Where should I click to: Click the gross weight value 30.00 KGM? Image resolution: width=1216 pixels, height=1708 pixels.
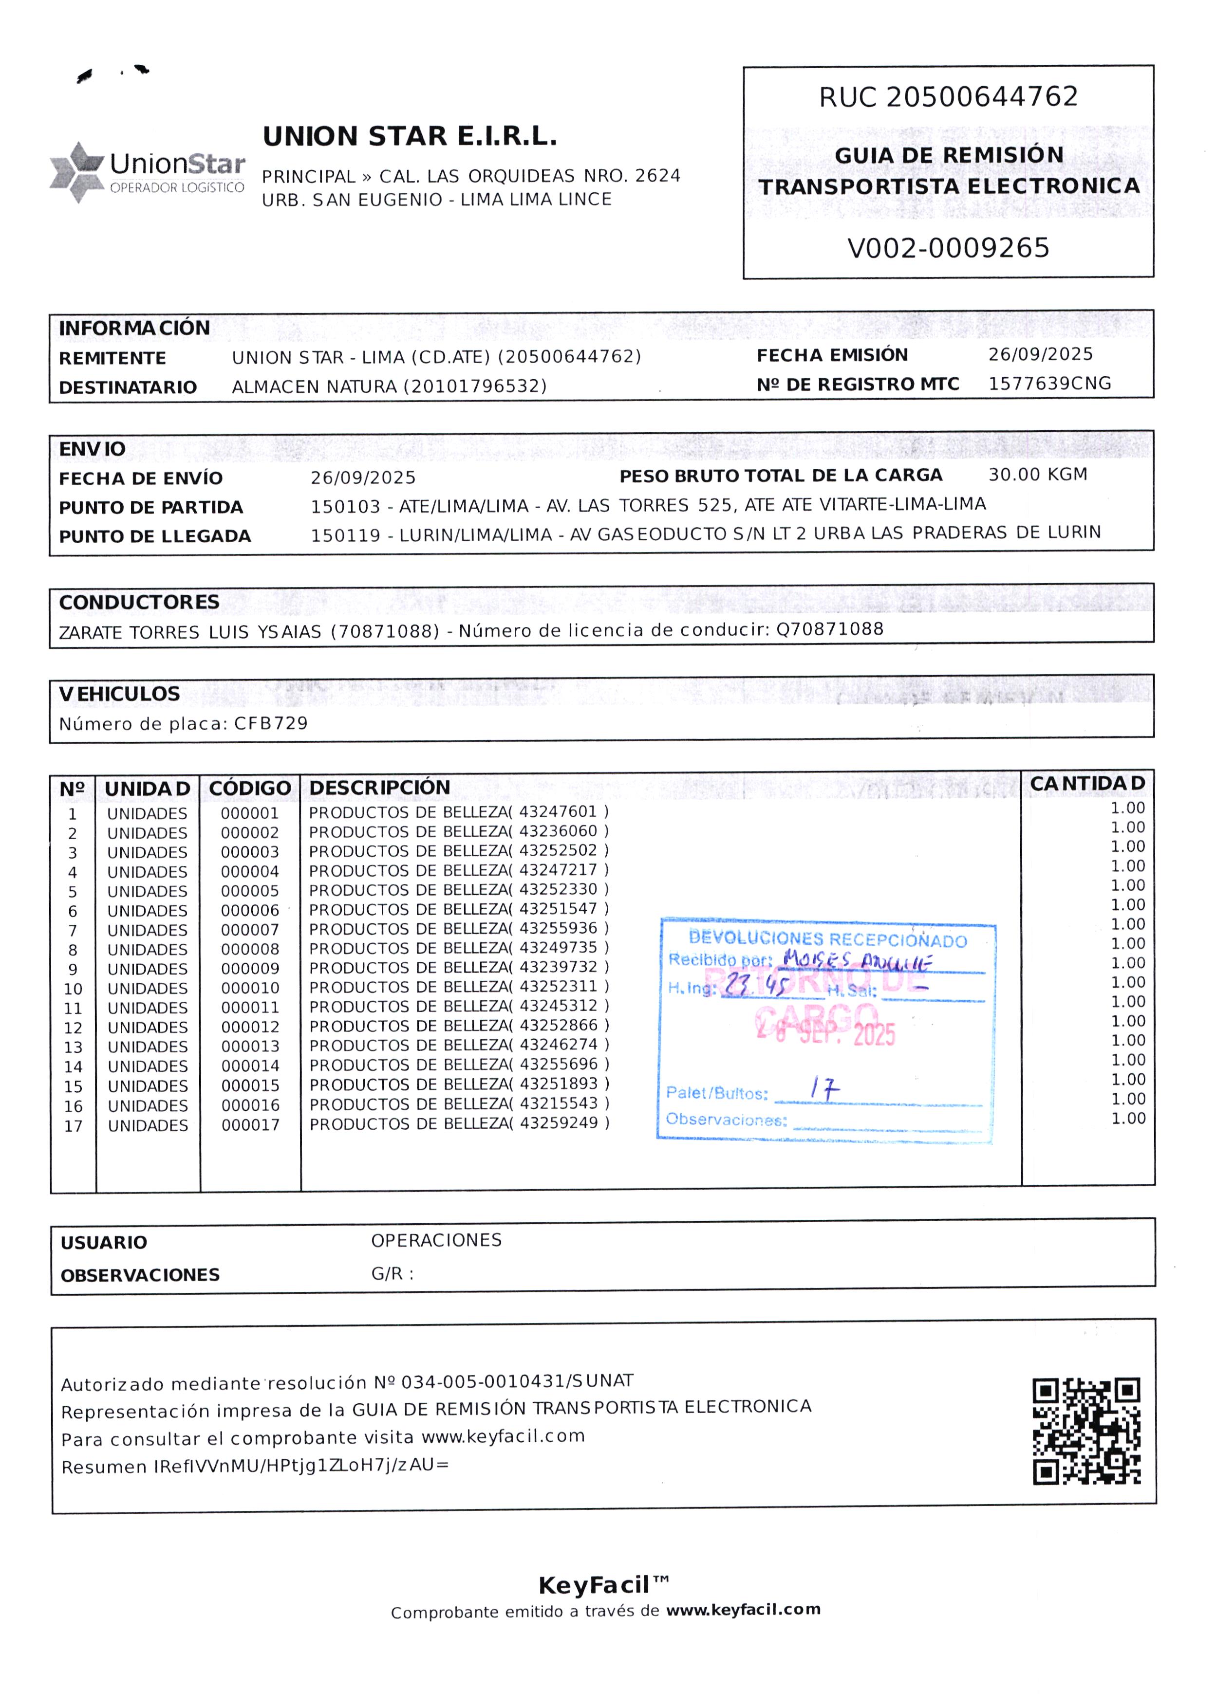[x=1037, y=475]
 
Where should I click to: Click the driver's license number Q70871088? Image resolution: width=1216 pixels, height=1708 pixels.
[x=830, y=629]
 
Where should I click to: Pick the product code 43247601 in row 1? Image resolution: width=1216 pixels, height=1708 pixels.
[x=559, y=812]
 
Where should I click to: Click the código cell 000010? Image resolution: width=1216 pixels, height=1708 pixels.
[x=250, y=989]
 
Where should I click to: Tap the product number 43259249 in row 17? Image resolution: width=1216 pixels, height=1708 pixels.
[x=559, y=1123]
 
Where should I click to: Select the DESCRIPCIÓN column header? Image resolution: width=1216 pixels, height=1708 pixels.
[x=380, y=788]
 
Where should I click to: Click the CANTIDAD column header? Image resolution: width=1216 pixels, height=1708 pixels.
[x=1087, y=784]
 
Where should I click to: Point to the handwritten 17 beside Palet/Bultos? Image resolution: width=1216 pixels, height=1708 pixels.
[x=824, y=1089]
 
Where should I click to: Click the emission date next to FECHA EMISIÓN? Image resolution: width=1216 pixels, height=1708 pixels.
[x=1040, y=355]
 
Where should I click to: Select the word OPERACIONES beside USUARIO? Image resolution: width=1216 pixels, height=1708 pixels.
[x=436, y=1241]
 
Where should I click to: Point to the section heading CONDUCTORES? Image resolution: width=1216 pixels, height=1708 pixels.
[x=139, y=603]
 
